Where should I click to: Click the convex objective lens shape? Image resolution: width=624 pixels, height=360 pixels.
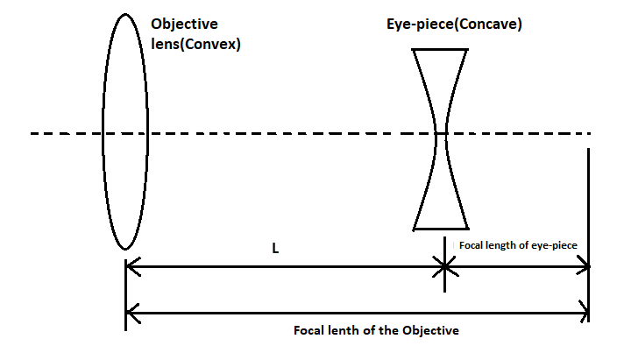pos(123,131)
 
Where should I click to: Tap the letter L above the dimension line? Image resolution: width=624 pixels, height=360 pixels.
pos(274,249)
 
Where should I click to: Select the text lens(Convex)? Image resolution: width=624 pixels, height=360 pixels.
pos(195,42)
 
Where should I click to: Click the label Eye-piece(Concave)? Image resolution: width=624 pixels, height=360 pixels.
pos(455,25)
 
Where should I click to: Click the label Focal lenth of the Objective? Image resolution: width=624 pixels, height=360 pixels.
pos(377,330)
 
